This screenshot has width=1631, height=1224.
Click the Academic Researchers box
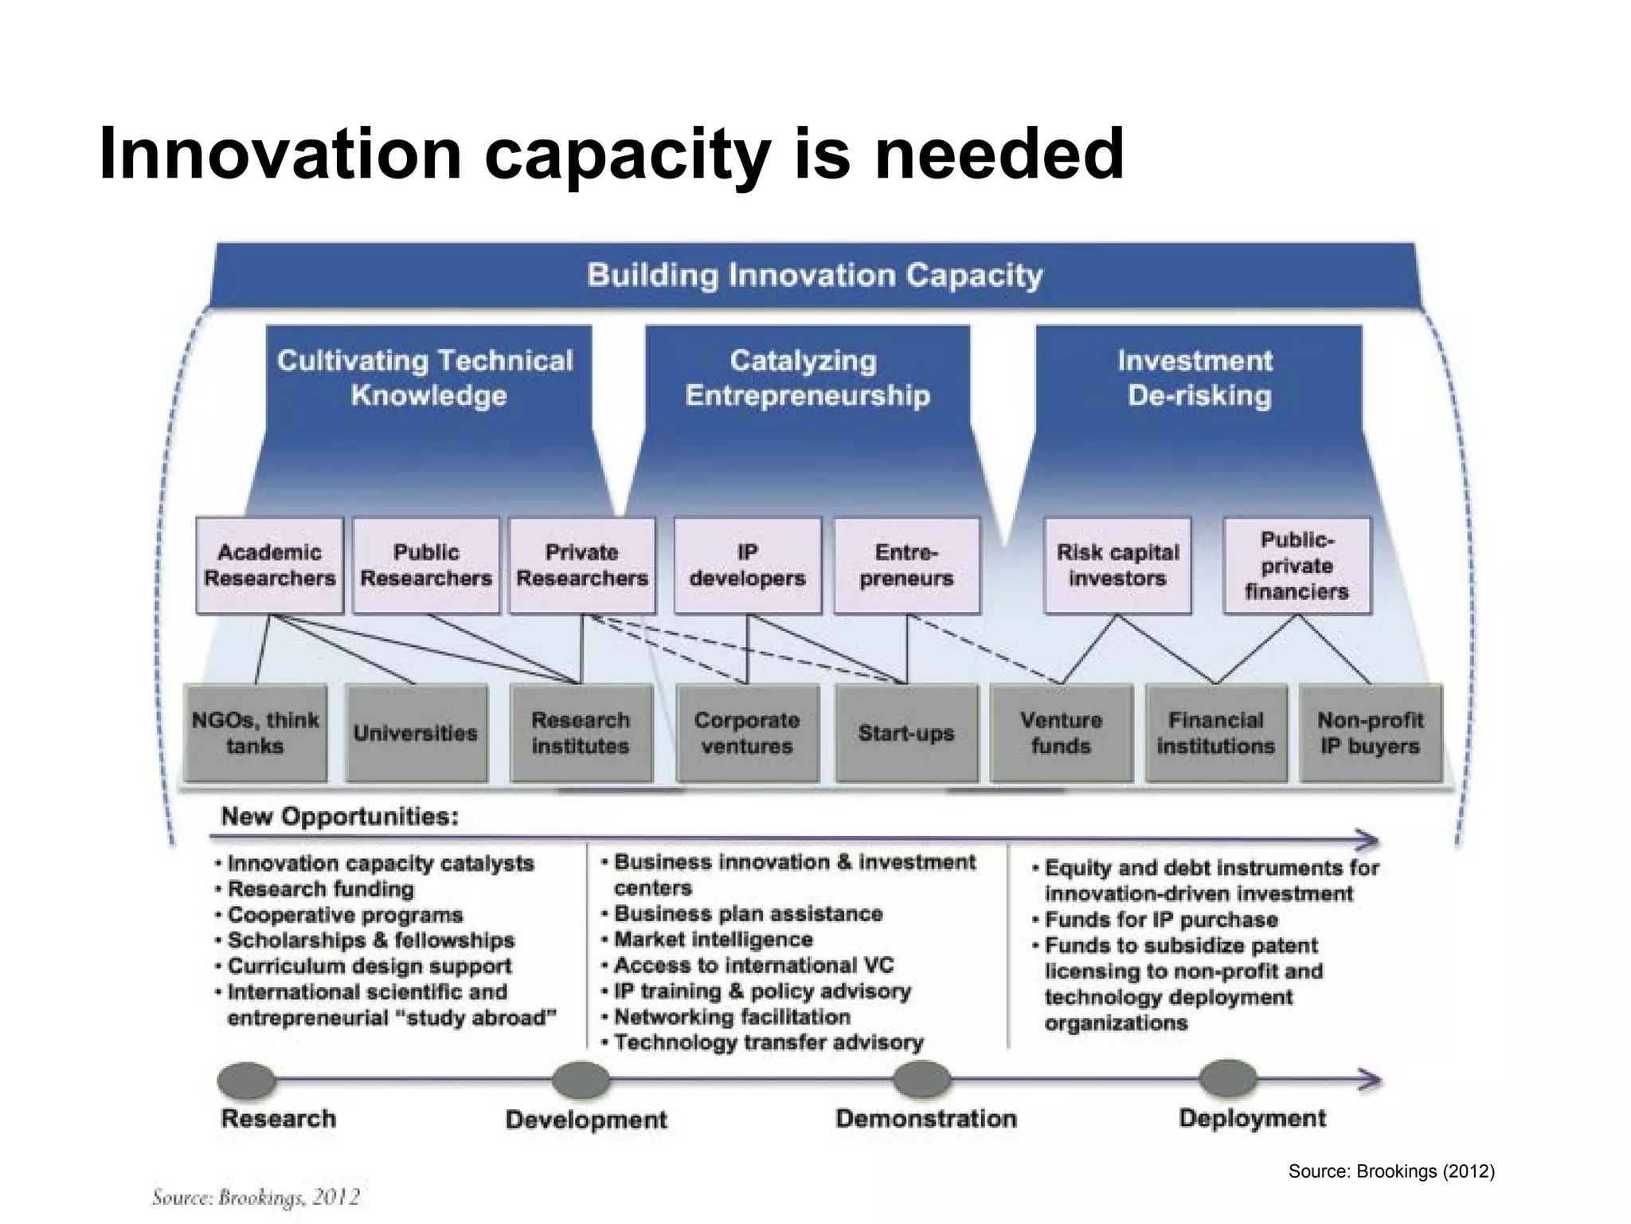pyautogui.click(x=269, y=565)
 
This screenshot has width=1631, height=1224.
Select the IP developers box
pyautogui.click(x=747, y=565)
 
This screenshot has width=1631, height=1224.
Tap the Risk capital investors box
pyautogui.click(x=1117, y=565)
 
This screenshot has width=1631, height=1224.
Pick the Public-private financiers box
pyautogui.click(x=1297, y=565)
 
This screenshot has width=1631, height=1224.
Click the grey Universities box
pyautogui.click(x=416, y=733)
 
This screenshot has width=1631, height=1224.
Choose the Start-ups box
pyautogui.click(x=905, y=733)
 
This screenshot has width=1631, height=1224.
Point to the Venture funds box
pyautogui.click(x=1061, y=733)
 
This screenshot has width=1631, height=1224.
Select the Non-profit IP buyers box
pyautogui.click(x=1370, y=733)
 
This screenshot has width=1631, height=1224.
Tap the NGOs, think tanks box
pyautogui.click(x=255, y=733)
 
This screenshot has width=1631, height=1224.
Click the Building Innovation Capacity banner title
pyautogui.click(x=815, y=276)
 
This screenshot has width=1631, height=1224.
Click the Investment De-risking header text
pyautogui.click(x=1197, y=378)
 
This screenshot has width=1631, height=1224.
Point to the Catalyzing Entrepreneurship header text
pyautogui.click(x=806, y=378)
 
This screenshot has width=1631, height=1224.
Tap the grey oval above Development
pyautogui.click(x=581, y=1081)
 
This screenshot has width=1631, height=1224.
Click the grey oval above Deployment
pyautogui.click(x=1228, y=1079)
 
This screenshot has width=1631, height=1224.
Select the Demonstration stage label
pyautogui.click(x=925, y=1119)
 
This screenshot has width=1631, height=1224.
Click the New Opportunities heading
pyautogui.click(x=340, y=817)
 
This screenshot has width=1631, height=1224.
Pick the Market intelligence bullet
pyautogui.click(x=713, y=940)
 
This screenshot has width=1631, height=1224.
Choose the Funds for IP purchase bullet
pyautogui.click(x=1160, y=920)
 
